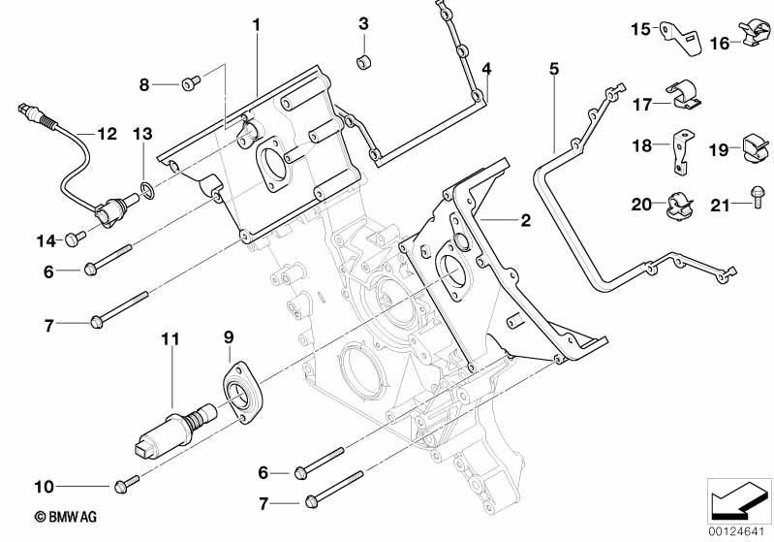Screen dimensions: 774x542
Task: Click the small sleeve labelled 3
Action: [364, 63]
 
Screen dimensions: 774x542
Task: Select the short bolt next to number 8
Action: [191, 83]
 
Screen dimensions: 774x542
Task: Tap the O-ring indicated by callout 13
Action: [147, 190]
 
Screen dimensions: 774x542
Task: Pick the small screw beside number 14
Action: [75, 239]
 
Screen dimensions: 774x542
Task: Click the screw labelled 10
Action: [126, 484]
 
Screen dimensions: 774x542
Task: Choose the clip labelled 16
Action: [755, 34]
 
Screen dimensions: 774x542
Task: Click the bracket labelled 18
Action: [683, 151]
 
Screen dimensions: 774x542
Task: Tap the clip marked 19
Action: [756, 147]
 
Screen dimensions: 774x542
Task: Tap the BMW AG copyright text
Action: [66, 517]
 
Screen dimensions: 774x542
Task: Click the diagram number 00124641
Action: [736, 532]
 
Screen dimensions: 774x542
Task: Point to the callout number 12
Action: [108, 134]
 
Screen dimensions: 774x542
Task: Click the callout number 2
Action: [526, 220]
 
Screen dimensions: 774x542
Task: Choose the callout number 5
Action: [554, 69]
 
